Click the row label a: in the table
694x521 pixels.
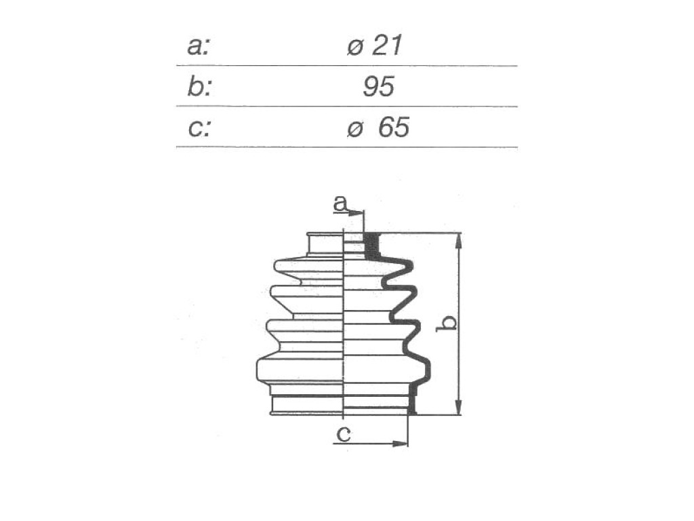198,46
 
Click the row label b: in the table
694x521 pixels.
199,86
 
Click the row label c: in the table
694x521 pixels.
199,128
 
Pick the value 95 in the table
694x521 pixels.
378,86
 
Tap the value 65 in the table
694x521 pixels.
394,128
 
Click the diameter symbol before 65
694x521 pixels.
355,130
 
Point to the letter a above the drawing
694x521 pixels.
340,204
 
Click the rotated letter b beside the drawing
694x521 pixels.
447,324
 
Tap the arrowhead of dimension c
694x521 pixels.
400,443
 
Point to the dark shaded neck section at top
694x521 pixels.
372,246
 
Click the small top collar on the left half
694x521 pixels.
325,244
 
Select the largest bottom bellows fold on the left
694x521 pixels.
300,370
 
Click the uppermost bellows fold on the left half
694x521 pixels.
309,266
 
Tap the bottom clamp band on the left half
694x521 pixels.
307,404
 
